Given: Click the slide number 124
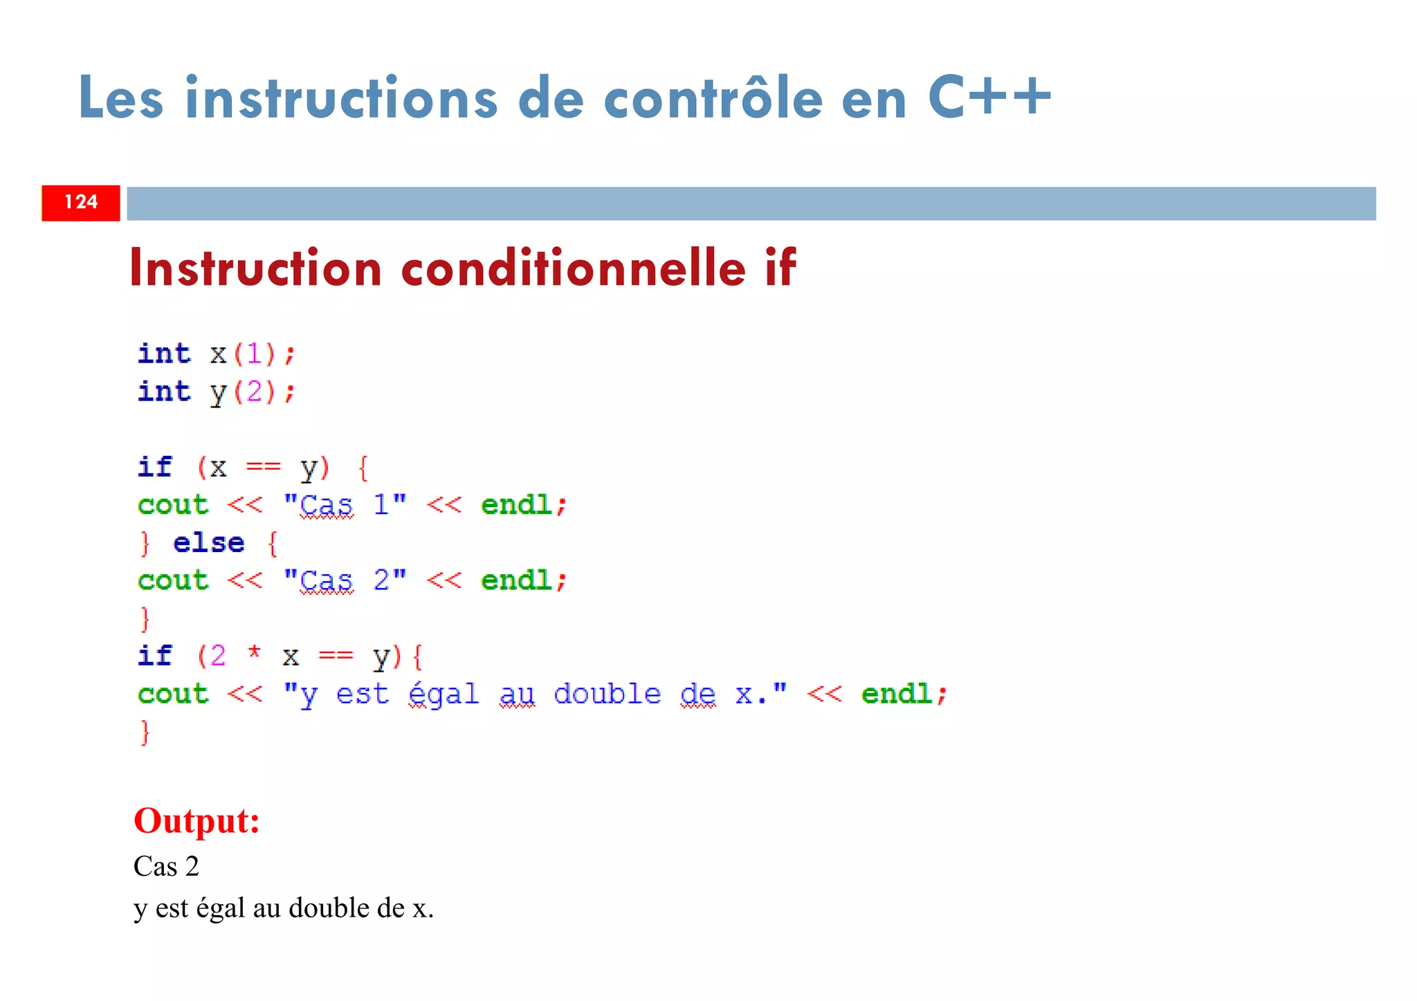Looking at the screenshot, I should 81,202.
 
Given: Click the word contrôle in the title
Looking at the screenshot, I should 713,98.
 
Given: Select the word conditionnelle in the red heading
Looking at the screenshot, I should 574,268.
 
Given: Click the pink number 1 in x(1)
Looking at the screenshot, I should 254,354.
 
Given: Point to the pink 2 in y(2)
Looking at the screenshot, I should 254,392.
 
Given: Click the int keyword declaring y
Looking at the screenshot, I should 164,392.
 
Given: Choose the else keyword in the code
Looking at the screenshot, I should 208,543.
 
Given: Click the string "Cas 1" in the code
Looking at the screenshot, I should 345,505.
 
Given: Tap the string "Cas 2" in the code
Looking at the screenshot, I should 345,580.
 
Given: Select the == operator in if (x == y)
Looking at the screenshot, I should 264,468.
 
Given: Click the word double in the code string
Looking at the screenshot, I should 607,694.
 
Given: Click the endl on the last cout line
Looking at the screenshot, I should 897,694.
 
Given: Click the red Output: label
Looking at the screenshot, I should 196,821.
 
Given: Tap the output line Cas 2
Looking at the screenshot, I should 166,866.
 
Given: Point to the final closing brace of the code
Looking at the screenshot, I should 145,732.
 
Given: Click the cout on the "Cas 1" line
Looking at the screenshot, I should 173,505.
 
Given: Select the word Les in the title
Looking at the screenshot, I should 120,98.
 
